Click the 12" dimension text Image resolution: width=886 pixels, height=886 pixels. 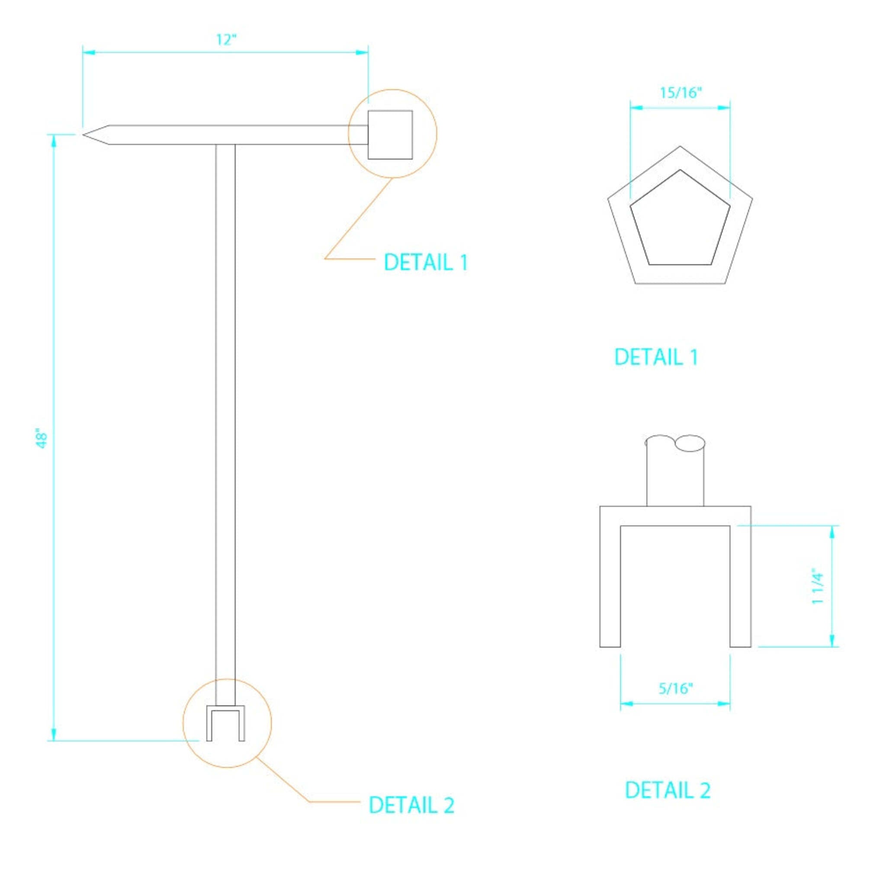(x=226, y=40)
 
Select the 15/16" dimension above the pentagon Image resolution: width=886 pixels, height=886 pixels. (x=681, y=93)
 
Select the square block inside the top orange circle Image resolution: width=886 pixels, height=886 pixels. (x=390, y=135)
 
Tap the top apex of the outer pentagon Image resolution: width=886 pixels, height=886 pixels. (x=680, y=147)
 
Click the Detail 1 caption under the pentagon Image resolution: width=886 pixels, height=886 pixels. (x=656, y=357)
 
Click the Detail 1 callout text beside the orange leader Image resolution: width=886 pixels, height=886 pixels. (x=426, y=262)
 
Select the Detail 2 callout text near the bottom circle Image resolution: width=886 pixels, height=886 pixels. (x=411, y=805)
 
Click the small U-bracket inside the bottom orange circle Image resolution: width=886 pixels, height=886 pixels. (x=226, y=723)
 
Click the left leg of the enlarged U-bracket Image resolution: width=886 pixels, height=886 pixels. (x=610, y=587)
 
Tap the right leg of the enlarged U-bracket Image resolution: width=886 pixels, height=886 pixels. (x=740, y=587)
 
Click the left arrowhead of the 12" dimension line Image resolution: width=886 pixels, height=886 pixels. (x=88, y=52)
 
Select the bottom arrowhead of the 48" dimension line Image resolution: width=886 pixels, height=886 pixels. (x=54, y=734)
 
